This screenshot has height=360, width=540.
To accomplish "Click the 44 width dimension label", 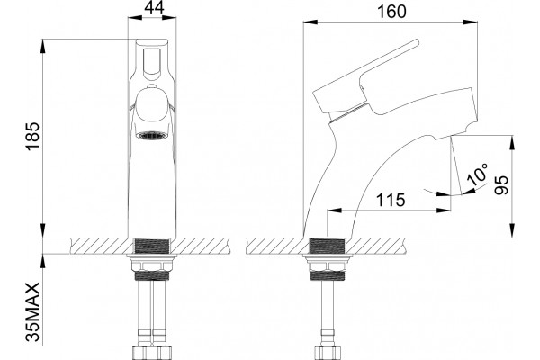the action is coord(154,7).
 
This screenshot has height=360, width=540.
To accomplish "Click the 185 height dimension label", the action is coord(33,136).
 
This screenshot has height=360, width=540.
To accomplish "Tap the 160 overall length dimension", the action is coord(391,12).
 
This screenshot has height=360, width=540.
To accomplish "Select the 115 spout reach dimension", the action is coord(391,200).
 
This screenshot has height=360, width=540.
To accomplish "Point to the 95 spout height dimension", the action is coord(501,185).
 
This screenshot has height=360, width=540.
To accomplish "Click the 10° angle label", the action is coord(479,175).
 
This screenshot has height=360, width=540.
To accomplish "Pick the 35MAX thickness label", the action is coord(33,311).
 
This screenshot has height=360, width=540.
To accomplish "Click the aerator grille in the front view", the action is coord(152,135).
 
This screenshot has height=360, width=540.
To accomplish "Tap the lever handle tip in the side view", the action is coord(416,42).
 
